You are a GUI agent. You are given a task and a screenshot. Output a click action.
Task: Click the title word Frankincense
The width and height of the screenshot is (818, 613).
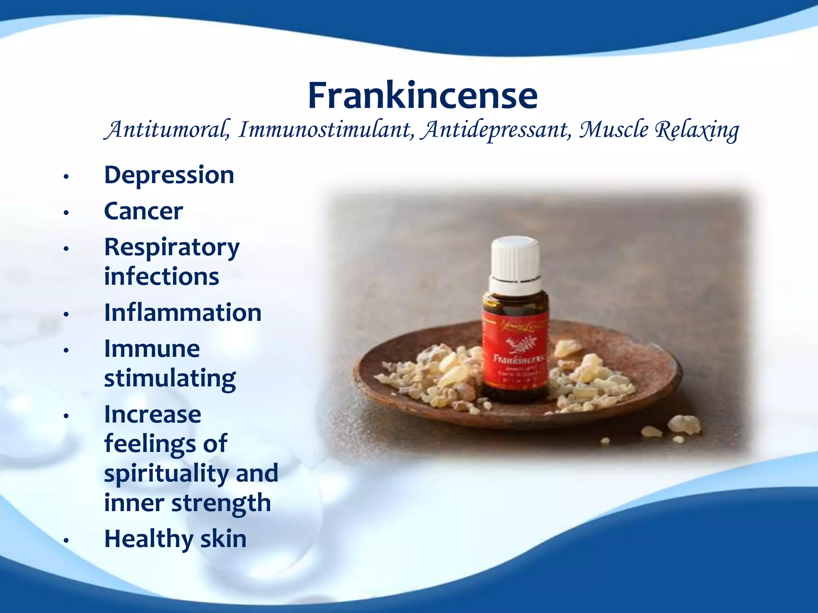point(423,96)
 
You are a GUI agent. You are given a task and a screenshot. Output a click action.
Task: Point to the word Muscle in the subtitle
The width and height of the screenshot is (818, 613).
point(614,130)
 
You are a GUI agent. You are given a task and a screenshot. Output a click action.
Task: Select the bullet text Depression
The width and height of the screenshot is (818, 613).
point(169,175)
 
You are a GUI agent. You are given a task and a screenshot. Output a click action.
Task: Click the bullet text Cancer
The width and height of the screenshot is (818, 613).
point(143,211)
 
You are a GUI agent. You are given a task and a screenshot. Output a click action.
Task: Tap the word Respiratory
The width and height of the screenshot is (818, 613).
point(172,248)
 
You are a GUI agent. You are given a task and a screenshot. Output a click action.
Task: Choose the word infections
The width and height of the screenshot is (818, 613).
point(161,277)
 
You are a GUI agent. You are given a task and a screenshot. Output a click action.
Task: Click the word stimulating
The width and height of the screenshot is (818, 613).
point(170,378)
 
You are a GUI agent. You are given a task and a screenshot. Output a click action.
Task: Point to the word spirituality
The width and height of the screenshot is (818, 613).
point(167,474)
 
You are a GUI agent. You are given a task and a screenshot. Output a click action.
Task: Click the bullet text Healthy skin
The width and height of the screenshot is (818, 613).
point(175,539)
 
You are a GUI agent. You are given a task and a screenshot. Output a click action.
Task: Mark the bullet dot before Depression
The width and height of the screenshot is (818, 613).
point(66,176)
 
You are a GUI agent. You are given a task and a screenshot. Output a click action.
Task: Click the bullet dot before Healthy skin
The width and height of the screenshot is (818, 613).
point(66,540)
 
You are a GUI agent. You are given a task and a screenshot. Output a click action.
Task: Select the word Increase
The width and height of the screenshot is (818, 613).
point(153,415)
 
